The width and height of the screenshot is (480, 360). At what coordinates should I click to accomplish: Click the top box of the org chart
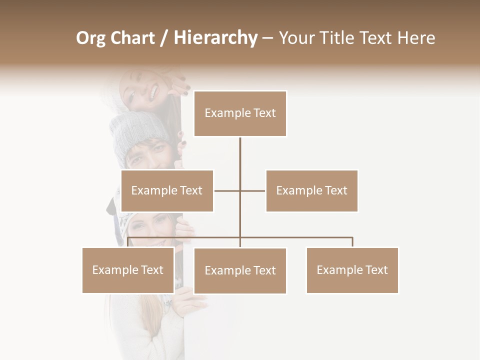pos(240,113)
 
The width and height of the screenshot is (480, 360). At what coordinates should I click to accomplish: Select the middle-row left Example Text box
pos(167,190)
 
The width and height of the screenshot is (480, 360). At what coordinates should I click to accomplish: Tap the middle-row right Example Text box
pos(311,190)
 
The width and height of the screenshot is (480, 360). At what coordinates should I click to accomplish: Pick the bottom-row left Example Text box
pos(128,270)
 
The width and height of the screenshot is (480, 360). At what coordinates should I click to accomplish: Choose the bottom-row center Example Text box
pos(240,270)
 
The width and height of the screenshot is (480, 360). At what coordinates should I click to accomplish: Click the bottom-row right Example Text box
pos(352,270)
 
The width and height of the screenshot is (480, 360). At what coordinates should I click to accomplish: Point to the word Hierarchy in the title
pos(215,38)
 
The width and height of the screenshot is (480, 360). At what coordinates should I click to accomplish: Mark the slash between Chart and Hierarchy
pos(163,38)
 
